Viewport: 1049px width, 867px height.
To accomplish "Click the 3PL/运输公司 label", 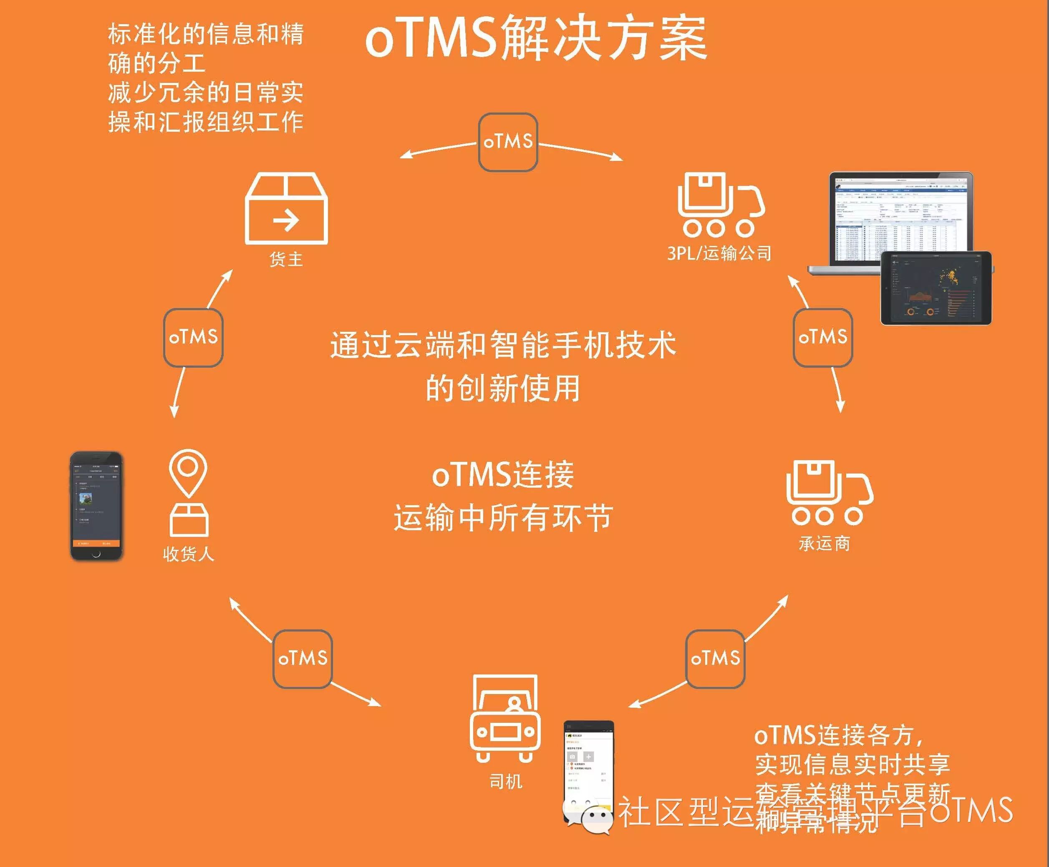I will click(x=719, y=253).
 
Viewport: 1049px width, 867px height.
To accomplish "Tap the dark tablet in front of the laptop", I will click(x=936, y=288).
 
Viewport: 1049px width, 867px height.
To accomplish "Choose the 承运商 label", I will click(x=825, y=543).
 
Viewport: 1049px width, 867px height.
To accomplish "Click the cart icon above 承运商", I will click(x=829, y=493).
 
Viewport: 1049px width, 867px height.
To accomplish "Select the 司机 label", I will click(x=506, y=781).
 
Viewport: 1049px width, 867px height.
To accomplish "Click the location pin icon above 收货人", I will click(x=188, y=473).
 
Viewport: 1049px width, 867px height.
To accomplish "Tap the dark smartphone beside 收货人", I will click(x=96, y=506).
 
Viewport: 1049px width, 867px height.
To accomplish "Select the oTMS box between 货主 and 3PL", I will click(x=508, y=142).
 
